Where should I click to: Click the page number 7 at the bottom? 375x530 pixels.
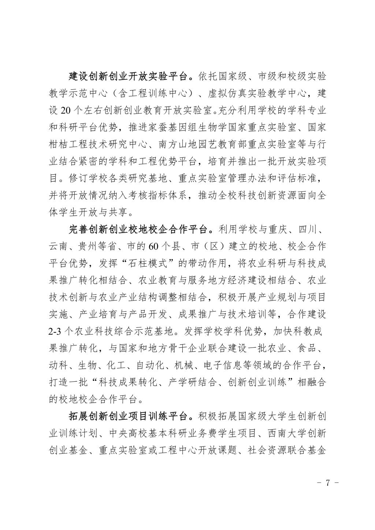328,482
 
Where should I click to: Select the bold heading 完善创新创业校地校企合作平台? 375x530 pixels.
140,230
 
